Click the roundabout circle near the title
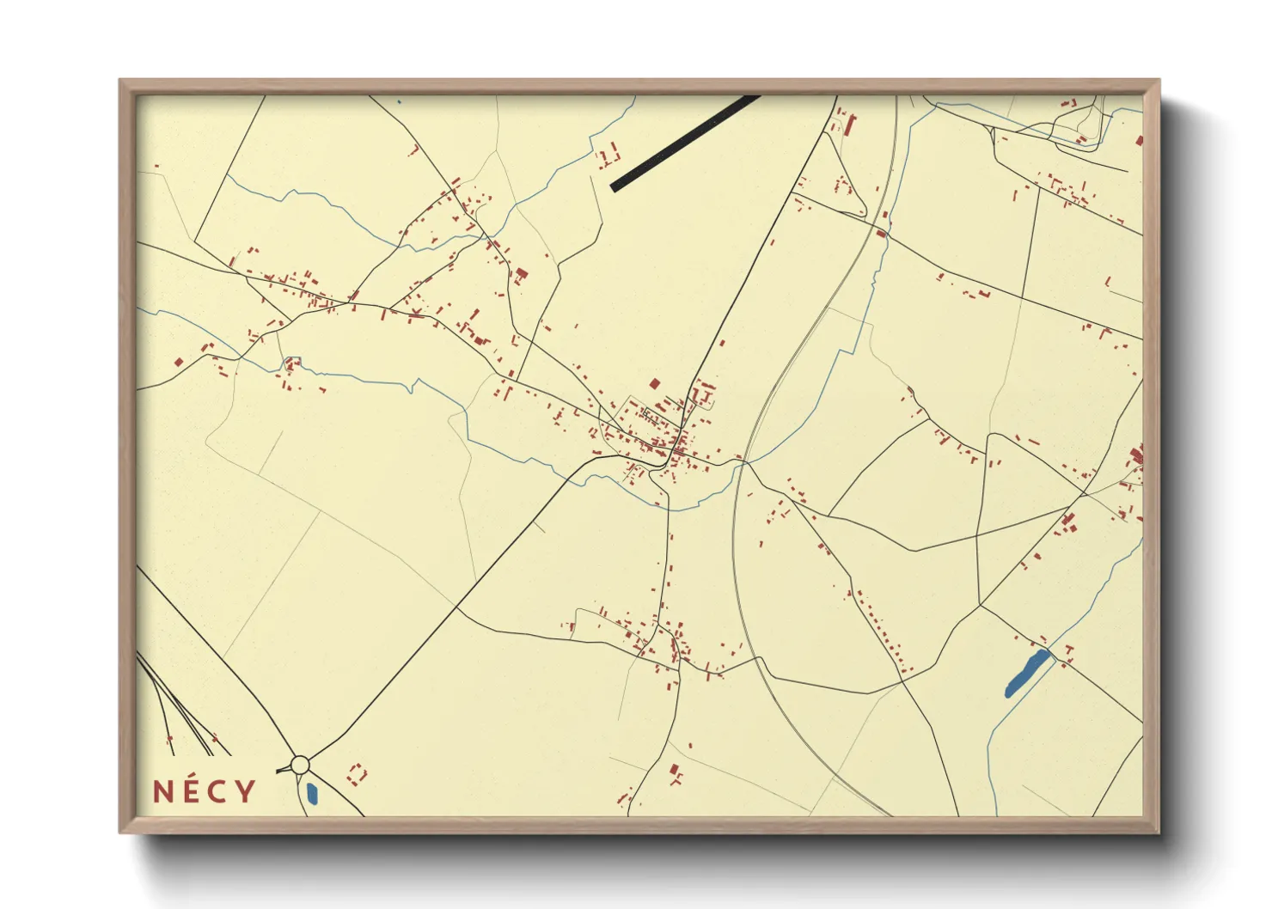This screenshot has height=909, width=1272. [x=300, y=764]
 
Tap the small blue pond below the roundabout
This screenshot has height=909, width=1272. [x=312, y=792]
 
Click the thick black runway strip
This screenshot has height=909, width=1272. [x=684, y=143]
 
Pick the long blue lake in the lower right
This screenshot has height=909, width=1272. [x=1026, y=673]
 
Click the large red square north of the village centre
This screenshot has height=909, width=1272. [x=655, y=384]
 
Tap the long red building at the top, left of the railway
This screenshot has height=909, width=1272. [x=851, y=125]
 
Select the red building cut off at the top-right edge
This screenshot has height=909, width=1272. [x=1139, y=141]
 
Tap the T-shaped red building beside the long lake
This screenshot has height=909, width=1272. [x=1068, y=650]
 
